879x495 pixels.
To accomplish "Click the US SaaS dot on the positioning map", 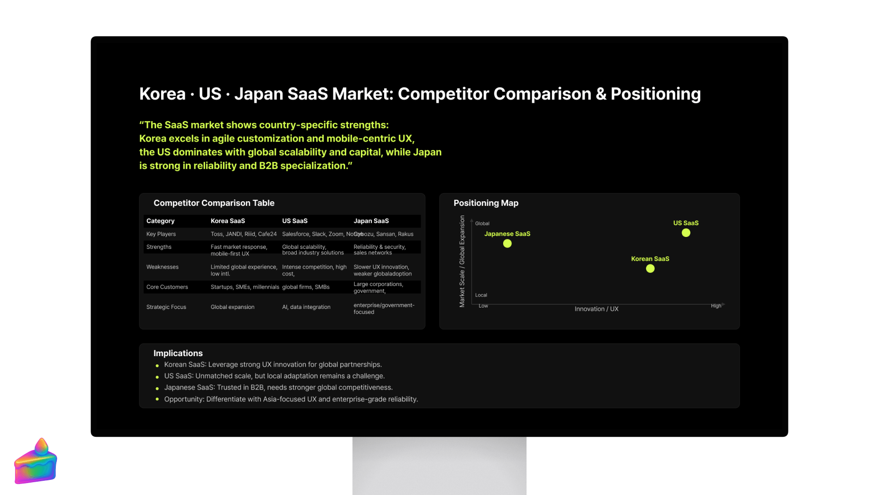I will tap(686, 233).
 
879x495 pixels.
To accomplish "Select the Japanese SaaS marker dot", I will tap(507, 244).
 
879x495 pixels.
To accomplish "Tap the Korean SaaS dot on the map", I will tap(650, 269).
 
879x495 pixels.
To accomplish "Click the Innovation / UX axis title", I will tap(596, 309).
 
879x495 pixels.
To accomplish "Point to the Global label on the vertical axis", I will tap(482, 224).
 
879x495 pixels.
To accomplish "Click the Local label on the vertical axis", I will tap(481, 295).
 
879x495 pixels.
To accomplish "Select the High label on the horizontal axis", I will tap(716, 306).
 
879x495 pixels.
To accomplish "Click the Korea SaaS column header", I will tap(228, 221).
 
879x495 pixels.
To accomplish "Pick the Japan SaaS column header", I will tap(371, 221).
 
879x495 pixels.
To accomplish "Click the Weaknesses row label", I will tap(162, 267).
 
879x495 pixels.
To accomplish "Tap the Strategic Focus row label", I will tap(166, 307).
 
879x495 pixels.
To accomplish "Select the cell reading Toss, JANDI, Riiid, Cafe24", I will tap(244, 234).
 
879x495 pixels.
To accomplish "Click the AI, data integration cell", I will tap(306, 307).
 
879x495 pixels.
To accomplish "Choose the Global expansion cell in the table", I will tap(232, 307).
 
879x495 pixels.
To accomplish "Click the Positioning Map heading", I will tap(486, 203).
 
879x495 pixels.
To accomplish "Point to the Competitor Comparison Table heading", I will tap(214, 203).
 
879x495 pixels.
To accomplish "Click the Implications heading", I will tap(178, 353).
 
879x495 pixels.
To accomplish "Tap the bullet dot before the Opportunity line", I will tap(157, 399).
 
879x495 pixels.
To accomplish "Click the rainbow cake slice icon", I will tap(36, 462).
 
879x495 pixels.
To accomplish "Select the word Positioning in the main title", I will tap(655, 94).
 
